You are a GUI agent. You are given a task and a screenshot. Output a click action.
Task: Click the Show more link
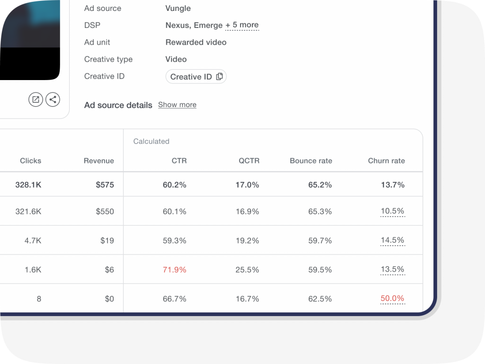[177, 105]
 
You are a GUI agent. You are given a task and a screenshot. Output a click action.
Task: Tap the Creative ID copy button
[196, 77]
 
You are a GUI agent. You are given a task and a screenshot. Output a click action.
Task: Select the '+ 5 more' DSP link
[242, 25]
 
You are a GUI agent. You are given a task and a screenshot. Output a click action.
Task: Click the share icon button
[53, 100]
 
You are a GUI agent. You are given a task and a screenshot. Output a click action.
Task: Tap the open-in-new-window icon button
[36, 100]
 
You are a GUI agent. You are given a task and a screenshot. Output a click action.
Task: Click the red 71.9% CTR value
[174, 270]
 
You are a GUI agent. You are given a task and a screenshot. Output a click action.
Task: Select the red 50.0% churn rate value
[393, 299]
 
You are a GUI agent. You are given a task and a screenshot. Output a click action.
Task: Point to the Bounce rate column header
[311, 161]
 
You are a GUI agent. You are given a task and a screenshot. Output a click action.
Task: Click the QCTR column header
[249, 161]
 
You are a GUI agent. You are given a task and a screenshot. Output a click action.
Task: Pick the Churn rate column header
[386, 161]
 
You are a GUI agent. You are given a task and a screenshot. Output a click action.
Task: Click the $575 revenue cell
[105, 185]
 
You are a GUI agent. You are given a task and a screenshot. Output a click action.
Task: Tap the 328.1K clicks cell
[28, 185]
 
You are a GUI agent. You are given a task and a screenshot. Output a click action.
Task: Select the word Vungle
[178, 8]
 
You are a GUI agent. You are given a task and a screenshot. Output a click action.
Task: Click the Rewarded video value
[196, 42]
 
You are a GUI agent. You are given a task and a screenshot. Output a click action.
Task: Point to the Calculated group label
[151, 141]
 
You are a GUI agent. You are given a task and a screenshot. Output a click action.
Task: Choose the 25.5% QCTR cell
[247, 270]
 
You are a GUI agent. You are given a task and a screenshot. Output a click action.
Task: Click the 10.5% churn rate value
[393, 211]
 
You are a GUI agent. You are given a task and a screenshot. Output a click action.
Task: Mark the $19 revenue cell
[107, 240]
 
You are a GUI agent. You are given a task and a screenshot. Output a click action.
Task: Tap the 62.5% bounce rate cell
[320, 299]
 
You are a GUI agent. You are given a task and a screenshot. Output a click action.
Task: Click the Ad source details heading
[118, 105]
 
